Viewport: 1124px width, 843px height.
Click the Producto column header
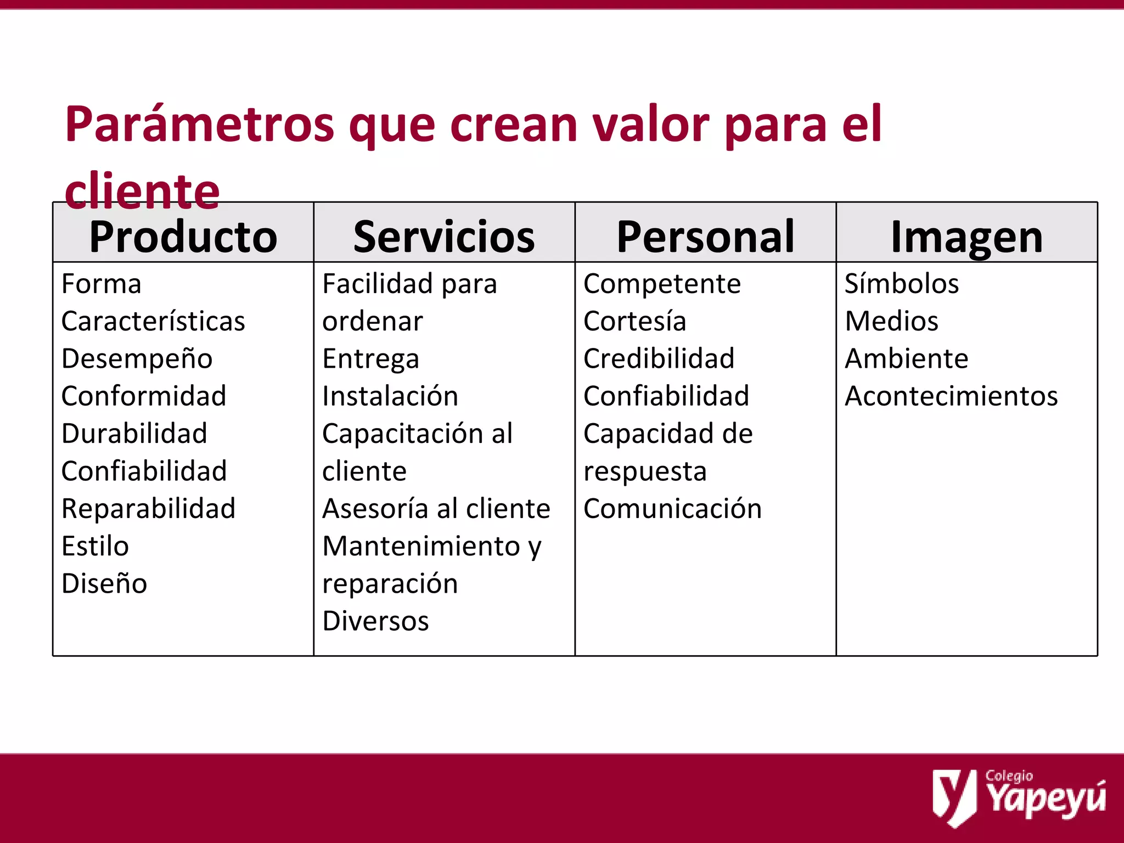(x=183, y=237)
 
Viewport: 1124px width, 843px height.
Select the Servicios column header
(x=444, y=237)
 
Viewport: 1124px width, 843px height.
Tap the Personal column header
(x=705, y=237)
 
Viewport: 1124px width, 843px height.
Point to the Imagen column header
(x=966, y=237)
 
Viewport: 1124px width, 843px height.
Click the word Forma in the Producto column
(x=102, y=284)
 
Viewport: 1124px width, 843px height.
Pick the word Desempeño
(x=137, y=359)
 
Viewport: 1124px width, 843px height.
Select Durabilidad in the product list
(x=134, y=434)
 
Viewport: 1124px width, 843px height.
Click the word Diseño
(x=104, y=583)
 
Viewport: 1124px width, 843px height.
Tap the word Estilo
(x=95, y=546)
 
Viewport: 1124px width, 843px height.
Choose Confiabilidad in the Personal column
(x=666, y=396)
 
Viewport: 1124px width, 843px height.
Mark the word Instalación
(x=390, y=396)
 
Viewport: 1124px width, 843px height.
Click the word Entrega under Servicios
(x=371, y=359)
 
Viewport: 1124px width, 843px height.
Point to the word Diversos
(x=375, y=621)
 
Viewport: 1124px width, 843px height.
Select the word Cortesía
(x=634, y=321)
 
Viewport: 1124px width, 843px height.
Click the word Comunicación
(x=672, y=509)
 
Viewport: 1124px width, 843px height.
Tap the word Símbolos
(x=902, y=284)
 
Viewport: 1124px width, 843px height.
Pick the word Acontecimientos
(x=951, y=396)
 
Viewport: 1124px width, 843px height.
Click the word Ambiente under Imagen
(x=907, y=359)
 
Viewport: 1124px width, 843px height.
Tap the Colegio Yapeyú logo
(x=1019, y=797)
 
